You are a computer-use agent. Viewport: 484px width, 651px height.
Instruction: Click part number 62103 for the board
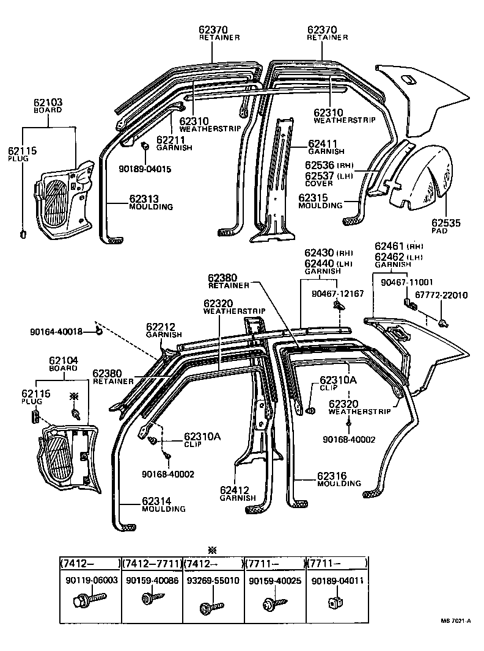pos(48,103)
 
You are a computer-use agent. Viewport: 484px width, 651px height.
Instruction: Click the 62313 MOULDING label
pos(151,202)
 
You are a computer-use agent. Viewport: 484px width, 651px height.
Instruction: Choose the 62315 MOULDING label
pos(320,201)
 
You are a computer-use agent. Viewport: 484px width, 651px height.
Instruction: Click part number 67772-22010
pos(441,295)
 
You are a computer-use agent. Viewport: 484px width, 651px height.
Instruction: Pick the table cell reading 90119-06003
pos(91,581)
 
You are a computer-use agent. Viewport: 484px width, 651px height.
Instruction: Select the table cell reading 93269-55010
pos(213,581)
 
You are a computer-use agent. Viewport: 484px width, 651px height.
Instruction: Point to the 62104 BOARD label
pos(64,365)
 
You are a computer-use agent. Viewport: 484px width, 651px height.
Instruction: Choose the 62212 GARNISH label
pos(163,330)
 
